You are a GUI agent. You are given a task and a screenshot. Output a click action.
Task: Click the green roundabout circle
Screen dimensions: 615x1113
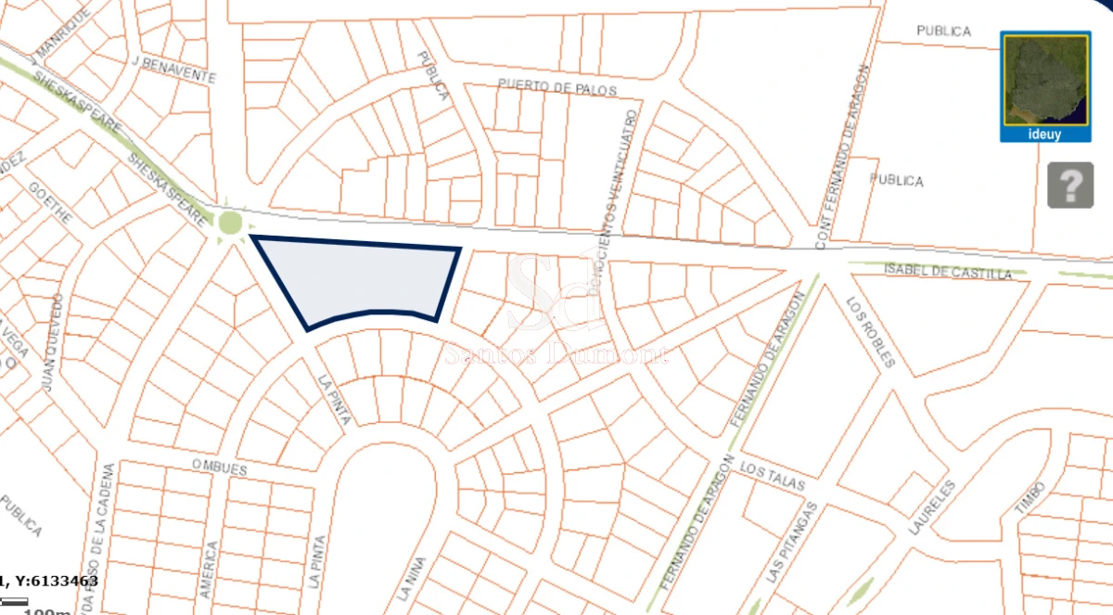pos(229,223)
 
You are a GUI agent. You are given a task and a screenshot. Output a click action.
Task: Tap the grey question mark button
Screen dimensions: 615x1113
pos(1070,186)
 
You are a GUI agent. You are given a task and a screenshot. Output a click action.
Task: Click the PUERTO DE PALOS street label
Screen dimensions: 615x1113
pos(556,88)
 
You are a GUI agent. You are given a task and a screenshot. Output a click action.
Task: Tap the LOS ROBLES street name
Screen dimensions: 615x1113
pos(871,331)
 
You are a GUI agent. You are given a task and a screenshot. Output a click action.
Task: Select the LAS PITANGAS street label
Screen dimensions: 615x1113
pos(792,543)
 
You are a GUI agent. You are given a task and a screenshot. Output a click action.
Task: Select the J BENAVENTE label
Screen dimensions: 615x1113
pos(174,70)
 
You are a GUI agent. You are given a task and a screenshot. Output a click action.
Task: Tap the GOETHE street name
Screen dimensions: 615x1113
pos(50,201)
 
